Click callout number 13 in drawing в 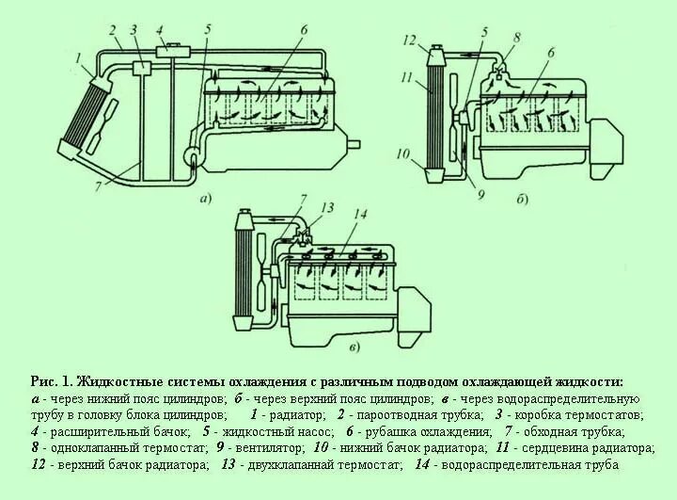point(327,207)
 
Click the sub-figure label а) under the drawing point(205,198)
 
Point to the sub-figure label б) point(520,199)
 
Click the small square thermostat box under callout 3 point(143,68)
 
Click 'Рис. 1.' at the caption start point(51,382)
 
